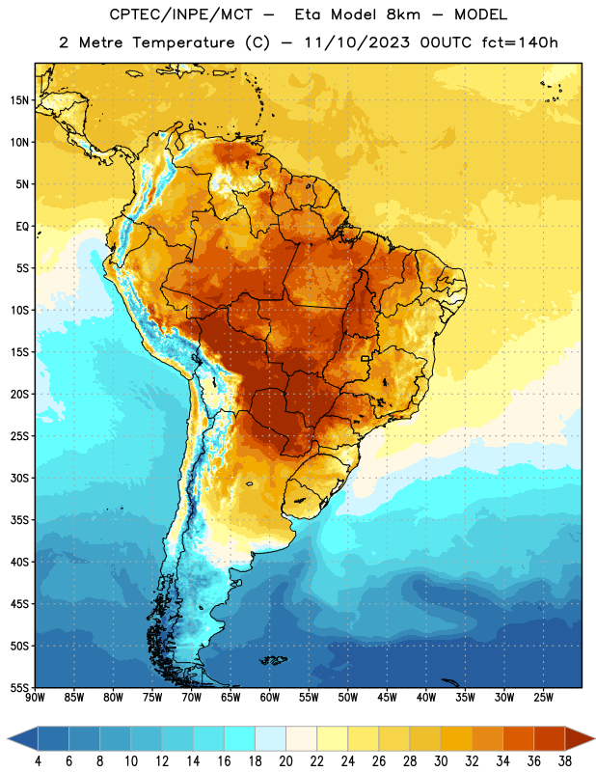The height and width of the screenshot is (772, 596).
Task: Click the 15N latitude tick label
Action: [x=19, y=100]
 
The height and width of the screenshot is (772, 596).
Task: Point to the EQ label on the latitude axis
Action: [x=22, y=227]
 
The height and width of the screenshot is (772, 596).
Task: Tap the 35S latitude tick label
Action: [x=19, y=520]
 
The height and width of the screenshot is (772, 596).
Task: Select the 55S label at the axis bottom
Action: [x=19, y=687]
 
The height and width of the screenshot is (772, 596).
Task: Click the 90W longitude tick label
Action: [x=35, y=698]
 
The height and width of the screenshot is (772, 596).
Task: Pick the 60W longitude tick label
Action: [x=270, y=698]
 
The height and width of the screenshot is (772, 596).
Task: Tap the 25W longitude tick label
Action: [x=543, y=698]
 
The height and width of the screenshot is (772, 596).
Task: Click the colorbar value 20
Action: [x=285, y=761]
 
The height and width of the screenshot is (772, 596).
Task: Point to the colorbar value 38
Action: [x=565, y=761]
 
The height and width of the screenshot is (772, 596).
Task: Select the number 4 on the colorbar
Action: [x=38, y=761]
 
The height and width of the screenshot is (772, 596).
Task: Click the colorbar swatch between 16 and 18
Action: [x=239, y=738]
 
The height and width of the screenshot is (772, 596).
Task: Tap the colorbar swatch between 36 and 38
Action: [x=550, y=738]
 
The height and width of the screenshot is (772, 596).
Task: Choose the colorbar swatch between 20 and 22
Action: [x=301, y=738]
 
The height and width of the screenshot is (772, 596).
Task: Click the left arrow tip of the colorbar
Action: [x=8, y=738]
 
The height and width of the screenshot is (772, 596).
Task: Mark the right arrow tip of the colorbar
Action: [x=595, y=738]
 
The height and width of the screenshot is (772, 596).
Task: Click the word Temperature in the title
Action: [x=183, y=42]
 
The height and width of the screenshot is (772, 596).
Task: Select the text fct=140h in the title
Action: [x=520, y=42]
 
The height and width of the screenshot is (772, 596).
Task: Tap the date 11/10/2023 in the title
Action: [x=357, y=42]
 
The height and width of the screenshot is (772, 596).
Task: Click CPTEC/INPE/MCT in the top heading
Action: [x=181, y=14]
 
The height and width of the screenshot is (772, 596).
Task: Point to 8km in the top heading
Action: [x=403, y=14]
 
